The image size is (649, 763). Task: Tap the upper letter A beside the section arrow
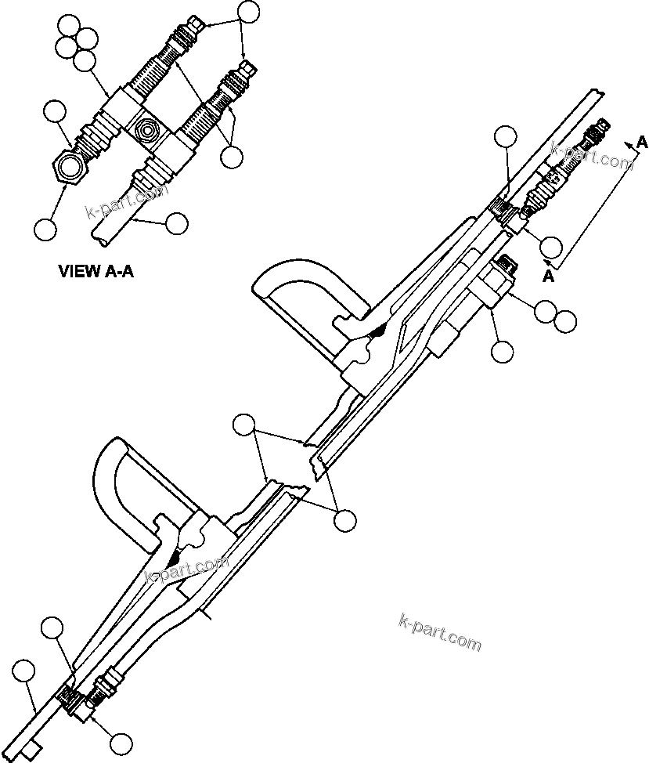tap(641, 142)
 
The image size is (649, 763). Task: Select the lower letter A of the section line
tap(550, 276)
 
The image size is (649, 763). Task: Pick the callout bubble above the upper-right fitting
tap(506, 136)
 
